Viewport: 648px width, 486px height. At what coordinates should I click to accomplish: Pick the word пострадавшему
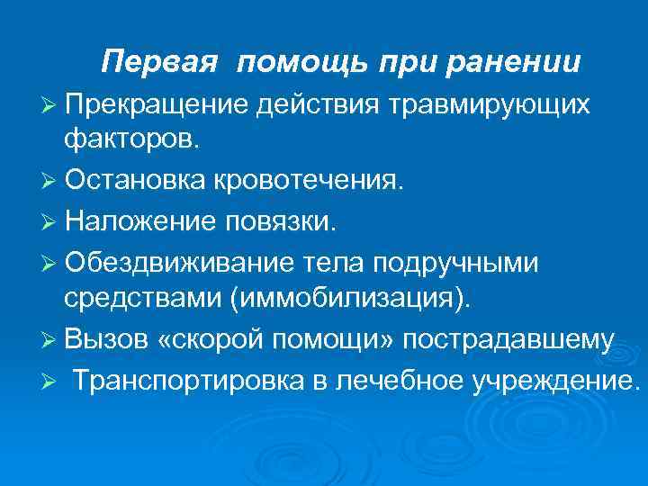click(x=509, y=338)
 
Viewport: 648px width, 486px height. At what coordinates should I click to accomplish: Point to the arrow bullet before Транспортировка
click(x=51, y=379)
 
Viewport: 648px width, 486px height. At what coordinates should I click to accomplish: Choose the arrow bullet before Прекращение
click(x=51, y=104)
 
